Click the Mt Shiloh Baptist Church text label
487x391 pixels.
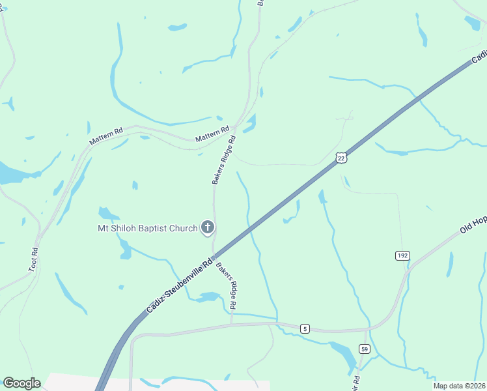click(x=147, y=228)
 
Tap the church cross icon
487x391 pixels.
click(x=208, y=227)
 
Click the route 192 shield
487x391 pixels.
click(x=402, y=256)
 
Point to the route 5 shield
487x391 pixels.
click(x=305, y=328)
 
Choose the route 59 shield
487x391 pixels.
click(x=365, y=349)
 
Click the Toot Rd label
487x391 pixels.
click(x=33, y=259)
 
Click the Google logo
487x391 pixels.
click(x=21, y=383)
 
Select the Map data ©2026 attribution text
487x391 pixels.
click(x=459, y=386)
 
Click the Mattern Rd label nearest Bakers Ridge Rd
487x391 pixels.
click(x=214, y=134)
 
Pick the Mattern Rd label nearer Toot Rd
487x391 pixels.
click(x=105, y=137)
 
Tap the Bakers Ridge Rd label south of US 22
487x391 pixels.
click(x=227, y=285)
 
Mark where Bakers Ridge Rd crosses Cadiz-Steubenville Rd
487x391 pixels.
click(x=214, y=255)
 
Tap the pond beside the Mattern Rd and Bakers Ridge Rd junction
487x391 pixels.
click(x=250, y=123)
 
